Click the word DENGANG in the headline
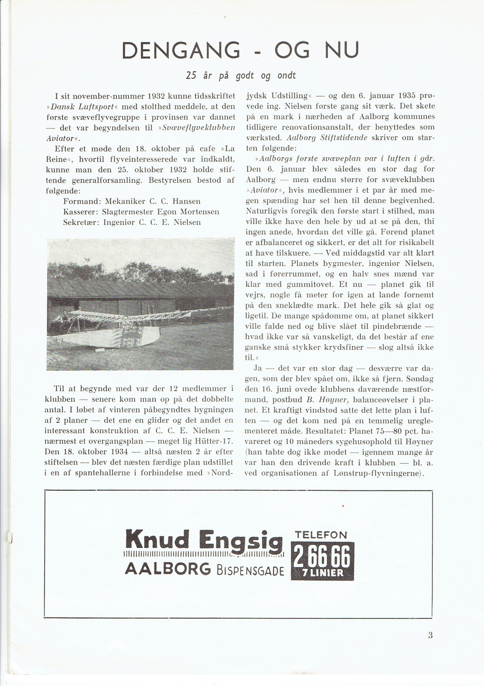pos(181,50)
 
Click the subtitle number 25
pos(191,75)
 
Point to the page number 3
pos(430,635)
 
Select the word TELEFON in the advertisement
pos(321,535)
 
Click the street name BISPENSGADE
pos(250,570)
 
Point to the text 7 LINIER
pos(323,573)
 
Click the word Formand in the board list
pos(80,202)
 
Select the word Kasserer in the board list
pos(80,212)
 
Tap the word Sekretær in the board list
pos(81,222)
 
